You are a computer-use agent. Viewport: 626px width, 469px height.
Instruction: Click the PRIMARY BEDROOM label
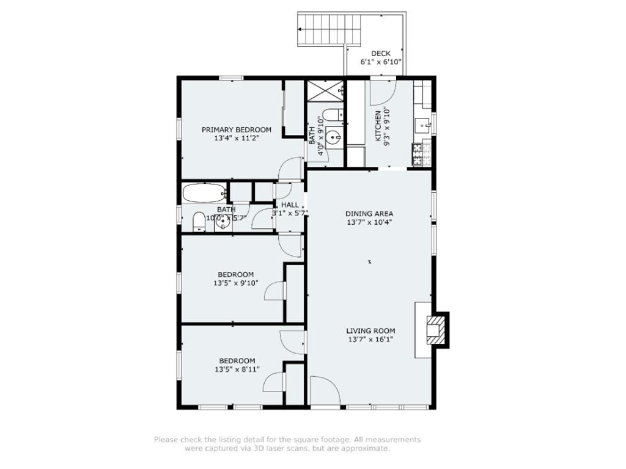(237, 129)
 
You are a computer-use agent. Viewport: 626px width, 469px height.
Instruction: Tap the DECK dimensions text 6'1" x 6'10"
(380, 62)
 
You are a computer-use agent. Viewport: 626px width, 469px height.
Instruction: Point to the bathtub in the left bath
(204, 192)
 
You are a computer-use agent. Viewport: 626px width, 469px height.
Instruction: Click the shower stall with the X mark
(325, 91)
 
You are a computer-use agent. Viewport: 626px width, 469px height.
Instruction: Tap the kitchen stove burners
(419, 155)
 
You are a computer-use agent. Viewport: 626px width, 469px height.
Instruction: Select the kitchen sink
(422, 125)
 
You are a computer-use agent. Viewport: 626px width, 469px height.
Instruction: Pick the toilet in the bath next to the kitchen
(332, 114)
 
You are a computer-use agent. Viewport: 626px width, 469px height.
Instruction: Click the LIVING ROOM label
(370, 331)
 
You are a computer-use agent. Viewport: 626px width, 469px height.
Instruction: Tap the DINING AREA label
(369, 214)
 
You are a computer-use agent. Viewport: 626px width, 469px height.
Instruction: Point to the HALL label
(290, 205)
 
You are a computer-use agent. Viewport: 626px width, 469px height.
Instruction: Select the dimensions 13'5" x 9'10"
(236, 283)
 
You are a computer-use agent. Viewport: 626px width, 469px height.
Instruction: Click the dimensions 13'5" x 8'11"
(237, 369)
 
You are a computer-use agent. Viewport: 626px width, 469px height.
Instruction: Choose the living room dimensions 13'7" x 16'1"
(370, 340)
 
